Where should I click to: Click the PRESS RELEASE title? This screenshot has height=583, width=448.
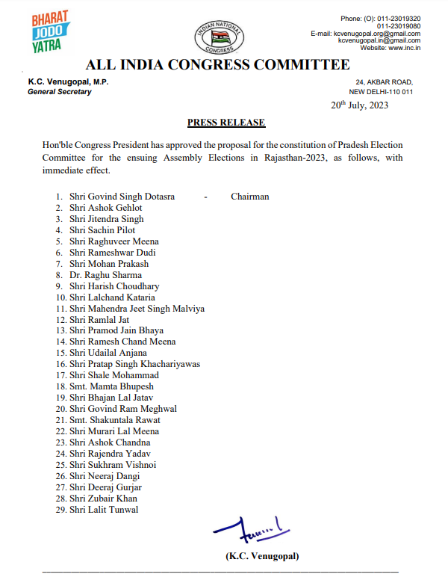[225, 123]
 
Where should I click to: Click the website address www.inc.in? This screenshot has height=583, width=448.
[403, 48]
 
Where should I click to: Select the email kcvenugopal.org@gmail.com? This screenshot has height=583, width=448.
[376, 33]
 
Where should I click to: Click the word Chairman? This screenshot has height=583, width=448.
[249, 197]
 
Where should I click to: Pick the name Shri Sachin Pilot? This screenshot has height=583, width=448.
[102, 230]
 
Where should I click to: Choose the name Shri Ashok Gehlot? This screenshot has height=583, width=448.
[105, 208]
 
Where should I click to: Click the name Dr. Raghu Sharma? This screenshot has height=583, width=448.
[105, 275]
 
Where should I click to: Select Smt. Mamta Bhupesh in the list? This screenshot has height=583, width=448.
[111, 386]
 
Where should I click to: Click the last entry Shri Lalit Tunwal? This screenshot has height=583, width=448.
[104, 510]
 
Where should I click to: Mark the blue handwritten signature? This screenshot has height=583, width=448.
[246, 531]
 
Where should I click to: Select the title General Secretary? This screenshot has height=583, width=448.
[60, 92]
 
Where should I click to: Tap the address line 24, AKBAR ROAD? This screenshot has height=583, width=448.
[384, 82]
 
